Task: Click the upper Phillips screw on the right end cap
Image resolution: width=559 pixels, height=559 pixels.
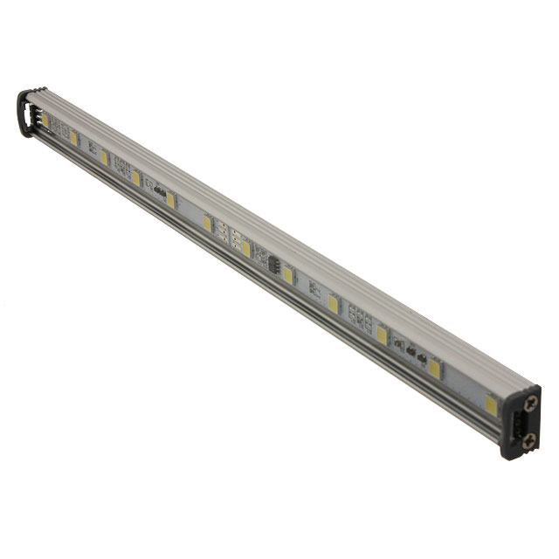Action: point(530,403)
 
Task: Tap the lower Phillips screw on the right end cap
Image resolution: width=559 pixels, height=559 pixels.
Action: point(528,442)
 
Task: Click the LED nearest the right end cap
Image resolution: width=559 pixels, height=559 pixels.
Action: point(492,404)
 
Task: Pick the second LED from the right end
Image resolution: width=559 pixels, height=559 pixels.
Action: point(435,369)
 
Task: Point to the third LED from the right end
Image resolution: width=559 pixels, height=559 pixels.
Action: point(382,335)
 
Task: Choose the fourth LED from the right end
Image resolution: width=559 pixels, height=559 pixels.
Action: point(333,304)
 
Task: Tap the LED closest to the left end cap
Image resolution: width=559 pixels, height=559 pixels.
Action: point(45,121)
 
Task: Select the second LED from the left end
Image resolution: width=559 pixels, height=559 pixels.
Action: point(74,138)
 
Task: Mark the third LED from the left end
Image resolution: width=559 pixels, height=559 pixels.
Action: point(104,157)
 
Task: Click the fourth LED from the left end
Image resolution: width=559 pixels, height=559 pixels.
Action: point(135,177)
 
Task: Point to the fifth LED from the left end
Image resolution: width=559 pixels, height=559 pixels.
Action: point(170,200)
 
